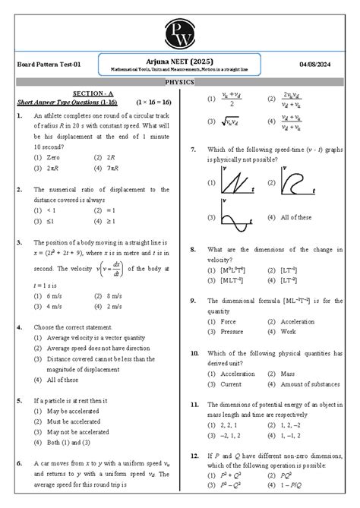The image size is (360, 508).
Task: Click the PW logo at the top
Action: point(180,25)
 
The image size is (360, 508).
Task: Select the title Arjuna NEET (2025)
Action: point(180,60)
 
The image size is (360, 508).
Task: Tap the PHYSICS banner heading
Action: point(180,81)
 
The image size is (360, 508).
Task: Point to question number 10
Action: point(195,353)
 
